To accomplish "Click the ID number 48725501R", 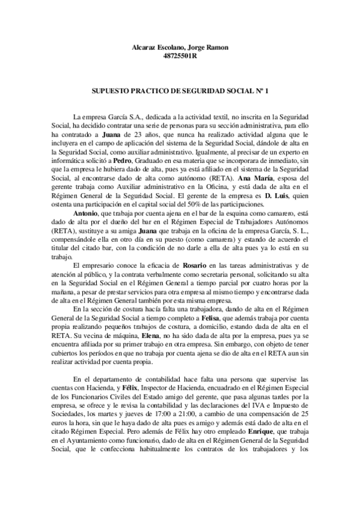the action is tap(180, 57).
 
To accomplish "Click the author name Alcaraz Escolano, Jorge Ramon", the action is tap(180, 48).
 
